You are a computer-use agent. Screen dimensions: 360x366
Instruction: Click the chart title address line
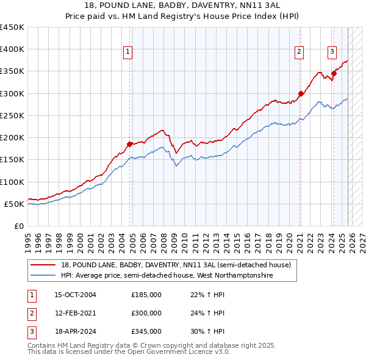pos(182,5)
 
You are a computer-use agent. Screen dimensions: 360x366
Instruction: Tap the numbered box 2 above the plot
pos(300,52)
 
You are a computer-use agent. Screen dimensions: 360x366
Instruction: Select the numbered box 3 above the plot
pos(332,52)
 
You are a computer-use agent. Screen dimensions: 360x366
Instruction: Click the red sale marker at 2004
pos(129,145)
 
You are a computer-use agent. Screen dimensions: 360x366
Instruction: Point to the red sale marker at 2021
pos(301,94)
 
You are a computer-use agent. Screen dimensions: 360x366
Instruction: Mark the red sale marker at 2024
pos(334,74)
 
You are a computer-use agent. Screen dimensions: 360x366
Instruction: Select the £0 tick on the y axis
pos(20,226)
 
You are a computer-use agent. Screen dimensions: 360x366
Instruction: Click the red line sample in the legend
pos(44,265)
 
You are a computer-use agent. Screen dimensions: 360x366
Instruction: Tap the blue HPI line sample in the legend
pos(44,276)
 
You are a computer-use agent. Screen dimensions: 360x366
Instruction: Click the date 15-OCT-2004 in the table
pos(75,295)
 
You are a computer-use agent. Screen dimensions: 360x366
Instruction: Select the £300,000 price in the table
pos(146,313)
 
